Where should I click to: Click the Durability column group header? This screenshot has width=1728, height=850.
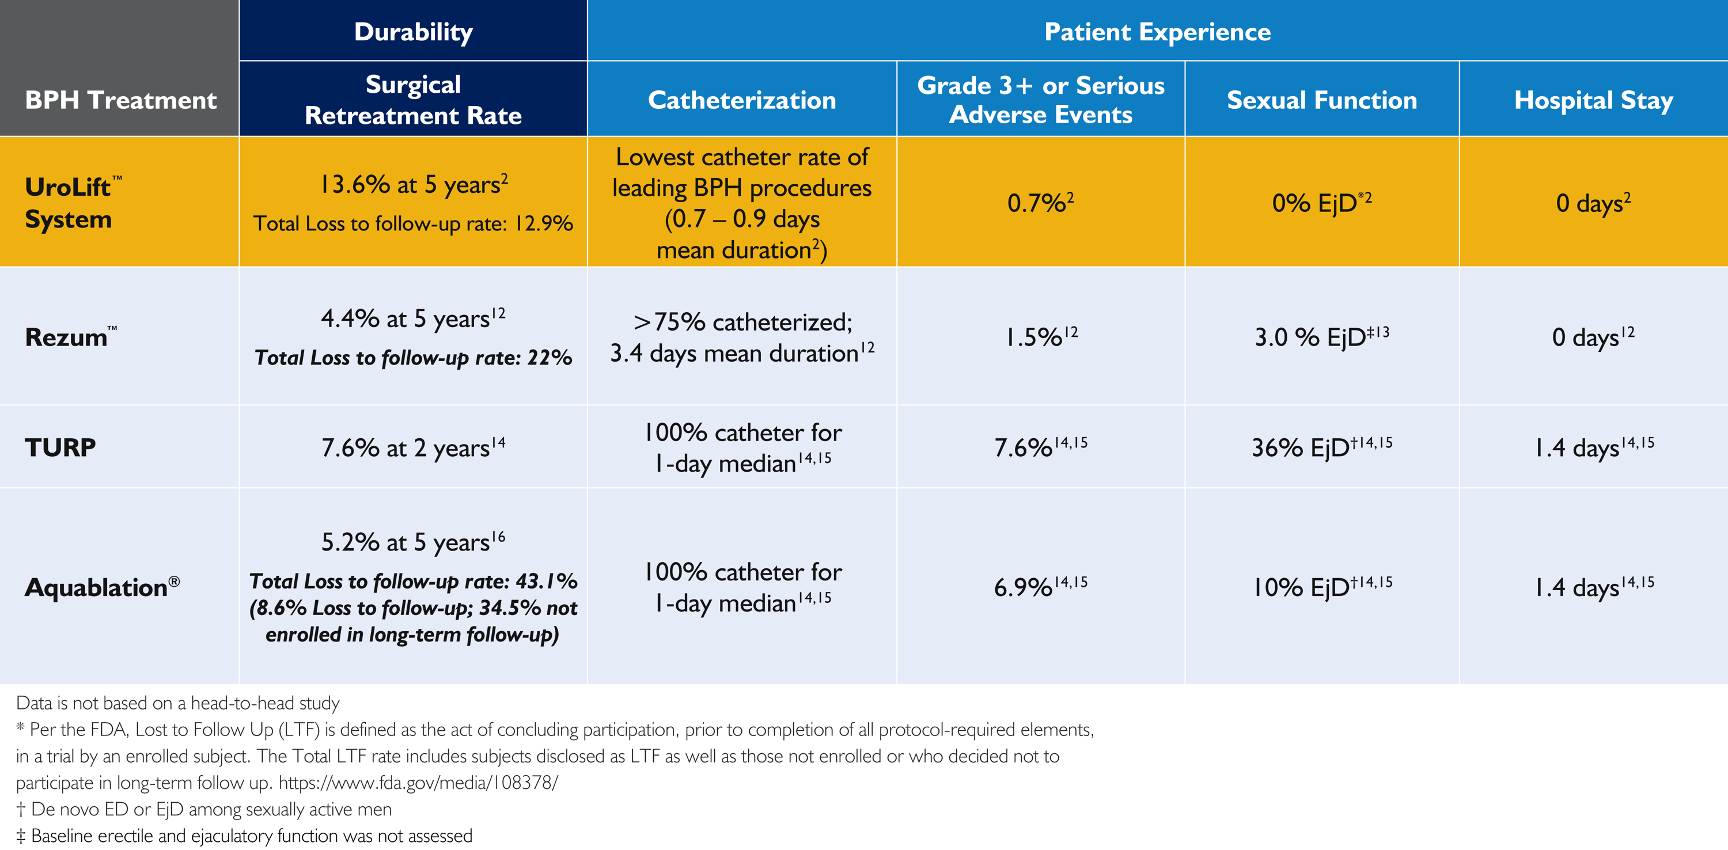pos(413,32)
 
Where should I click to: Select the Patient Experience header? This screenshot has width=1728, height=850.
pos(1157,32)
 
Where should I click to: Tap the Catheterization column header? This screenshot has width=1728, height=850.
pos(742,100)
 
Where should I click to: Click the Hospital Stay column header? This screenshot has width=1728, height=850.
pos(1593,100)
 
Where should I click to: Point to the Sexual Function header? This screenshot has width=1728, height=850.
pos(1321,100)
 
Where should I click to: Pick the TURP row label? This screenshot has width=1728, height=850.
pos(60,447)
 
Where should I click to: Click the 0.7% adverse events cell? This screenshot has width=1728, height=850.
pos(1040,203)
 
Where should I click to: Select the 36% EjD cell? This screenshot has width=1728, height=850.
pos(1321,447)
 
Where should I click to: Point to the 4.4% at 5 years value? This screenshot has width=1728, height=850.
pos(412,318)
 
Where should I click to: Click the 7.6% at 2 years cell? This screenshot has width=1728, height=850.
pos(412,447)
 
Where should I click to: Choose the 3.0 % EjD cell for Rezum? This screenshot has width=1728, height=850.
pos(1321,337)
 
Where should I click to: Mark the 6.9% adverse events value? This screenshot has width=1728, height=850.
pos(1040,587)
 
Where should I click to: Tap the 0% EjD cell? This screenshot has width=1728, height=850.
pos(1321,203)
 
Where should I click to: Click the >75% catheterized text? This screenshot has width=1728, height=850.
pos(742,322)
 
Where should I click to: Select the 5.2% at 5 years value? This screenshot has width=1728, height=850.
pos(412,542)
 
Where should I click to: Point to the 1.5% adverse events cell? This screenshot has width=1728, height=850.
pos(1040,337)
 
